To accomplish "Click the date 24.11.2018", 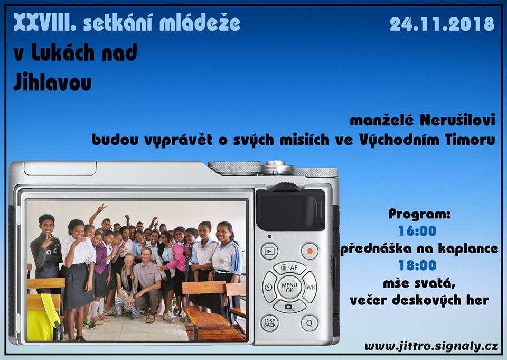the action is [442, 24].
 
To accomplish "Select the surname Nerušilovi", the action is [457, 120].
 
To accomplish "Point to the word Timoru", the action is [470, 140].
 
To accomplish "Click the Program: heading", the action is [419, 214].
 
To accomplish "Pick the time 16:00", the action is [418, 231].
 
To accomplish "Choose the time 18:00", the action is [418, 265].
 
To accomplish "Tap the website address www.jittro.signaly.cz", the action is [431, 346].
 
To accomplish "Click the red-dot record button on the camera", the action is [309, 251].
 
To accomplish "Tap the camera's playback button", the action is [269, 251].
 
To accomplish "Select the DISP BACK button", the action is [270, 323].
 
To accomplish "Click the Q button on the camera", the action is [309, 323].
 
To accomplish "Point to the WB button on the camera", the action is [310, 287].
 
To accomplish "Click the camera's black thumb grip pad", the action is [290, 209].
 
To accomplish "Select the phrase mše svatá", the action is [419, 283].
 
